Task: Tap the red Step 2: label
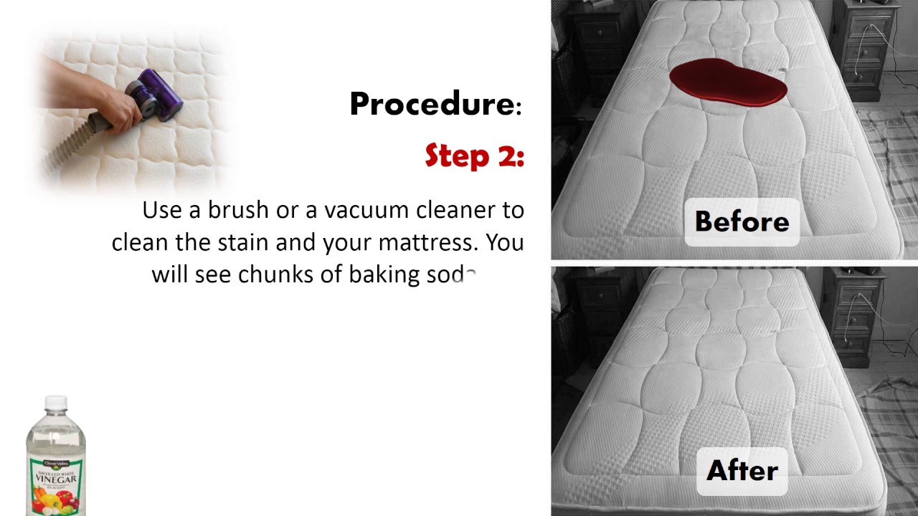pyautogui.click(x=475, y=156)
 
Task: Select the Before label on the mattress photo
pyautogui.click(x=742, y=221)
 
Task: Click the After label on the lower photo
pyautogui.click(x=742, y=470)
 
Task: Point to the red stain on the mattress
pyautogui.click(x=728, y=82)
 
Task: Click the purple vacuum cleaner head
pyautogui.click(x=156, y=95)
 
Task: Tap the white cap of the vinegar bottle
pyautogui.click(x=56, y=402)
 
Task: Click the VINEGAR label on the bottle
pyautogui.click(x=56, y=478)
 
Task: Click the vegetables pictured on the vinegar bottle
pyautogui.click(x=55, y=500)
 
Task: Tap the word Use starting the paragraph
pyautogui.click(x=162, y=210)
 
